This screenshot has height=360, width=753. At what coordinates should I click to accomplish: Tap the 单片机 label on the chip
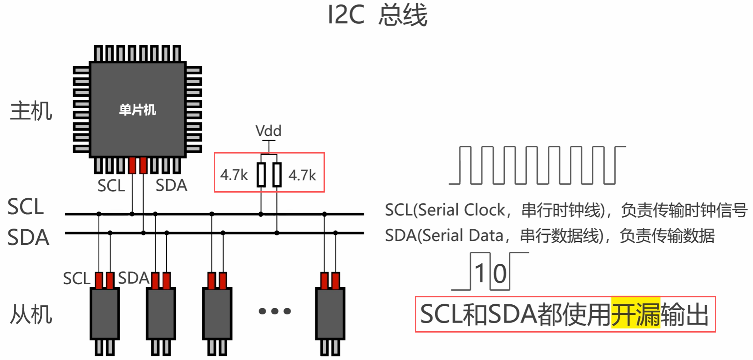pyautogui.click(x=137, y=110)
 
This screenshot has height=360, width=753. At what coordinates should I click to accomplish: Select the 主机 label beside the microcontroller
pyautogui.click(x=31, y=111)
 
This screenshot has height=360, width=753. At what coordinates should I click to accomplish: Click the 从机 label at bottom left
pyautogui.click(x=31, y=314)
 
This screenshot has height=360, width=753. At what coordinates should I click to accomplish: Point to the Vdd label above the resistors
pyautogui.click(x=268, y=131)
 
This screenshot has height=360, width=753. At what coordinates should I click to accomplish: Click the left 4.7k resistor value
pyautogui.click(x=234, y=175)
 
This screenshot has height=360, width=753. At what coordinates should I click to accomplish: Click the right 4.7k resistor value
pyautogui.click(x=302, y=175)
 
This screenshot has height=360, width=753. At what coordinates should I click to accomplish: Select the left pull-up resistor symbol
pyautogui.click(x=261, y=175)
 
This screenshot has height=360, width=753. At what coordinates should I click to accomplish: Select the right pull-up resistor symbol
pyautogui.click(x=277, y=175)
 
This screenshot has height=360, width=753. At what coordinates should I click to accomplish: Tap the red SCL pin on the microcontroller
pyautogui.click(x=132, y=165)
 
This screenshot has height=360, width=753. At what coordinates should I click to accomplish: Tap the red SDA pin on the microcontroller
pyautogui.click(x=143, y=165)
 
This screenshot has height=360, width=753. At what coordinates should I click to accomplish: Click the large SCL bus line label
pyautogui.click(x=26, y=207)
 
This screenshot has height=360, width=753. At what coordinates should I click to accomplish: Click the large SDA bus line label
pyautogui.click(x=28, y=237)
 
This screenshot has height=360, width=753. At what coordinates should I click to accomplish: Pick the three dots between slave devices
pyautogui.click(x=274, y=311)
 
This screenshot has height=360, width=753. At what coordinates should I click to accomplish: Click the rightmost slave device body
pyautogui.click(x=330, y=313)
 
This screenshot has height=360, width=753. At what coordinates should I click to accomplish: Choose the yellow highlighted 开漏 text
pyautogui.click(x=635, y=314)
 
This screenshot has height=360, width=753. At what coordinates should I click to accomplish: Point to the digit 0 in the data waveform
pyautogui.click(x=499, y=274)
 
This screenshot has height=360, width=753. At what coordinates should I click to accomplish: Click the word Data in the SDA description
pyautogui.click(x=486, y=235)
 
